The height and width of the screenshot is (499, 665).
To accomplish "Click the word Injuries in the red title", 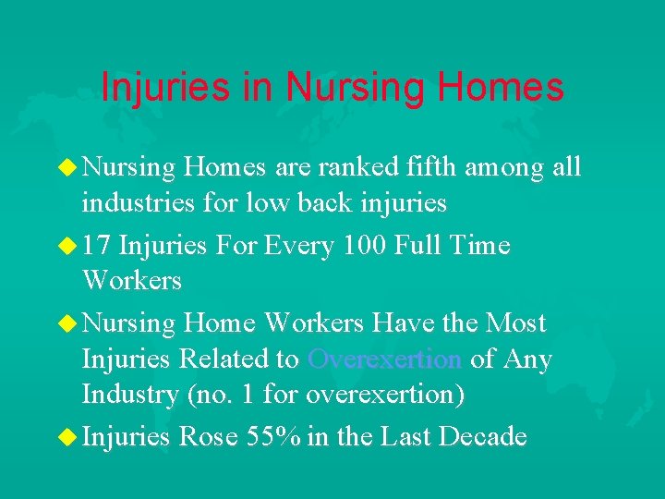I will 161,88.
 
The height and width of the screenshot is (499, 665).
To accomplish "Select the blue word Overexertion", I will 385,359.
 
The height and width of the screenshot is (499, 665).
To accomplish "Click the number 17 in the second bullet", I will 97,246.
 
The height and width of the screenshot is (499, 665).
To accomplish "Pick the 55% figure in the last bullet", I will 273,437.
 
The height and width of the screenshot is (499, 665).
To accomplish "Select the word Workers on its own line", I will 132,281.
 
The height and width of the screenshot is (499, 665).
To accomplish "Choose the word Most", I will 515,323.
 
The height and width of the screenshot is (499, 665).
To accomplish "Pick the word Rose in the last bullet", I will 209,437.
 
